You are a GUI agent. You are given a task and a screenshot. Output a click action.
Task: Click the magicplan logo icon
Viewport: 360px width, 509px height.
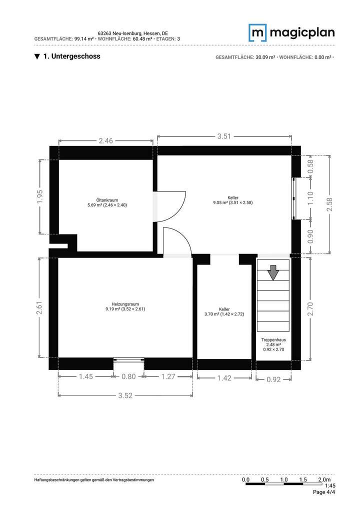click(x=258, y=33)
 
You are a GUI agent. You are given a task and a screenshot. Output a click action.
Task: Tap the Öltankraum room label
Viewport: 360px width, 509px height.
click(x=107, y=202)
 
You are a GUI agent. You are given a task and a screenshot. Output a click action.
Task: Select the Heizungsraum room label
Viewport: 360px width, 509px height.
click(x=125, y=306)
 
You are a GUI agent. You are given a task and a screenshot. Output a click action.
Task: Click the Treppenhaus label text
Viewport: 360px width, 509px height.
click(x=273, y=340)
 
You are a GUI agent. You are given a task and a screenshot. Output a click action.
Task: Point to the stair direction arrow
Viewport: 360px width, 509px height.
click(x=273, y=272)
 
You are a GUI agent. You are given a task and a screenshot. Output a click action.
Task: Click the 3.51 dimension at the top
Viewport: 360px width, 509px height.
click(x=224, y=136)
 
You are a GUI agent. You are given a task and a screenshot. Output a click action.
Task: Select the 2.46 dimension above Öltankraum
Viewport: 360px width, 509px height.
click(x=105, y=141)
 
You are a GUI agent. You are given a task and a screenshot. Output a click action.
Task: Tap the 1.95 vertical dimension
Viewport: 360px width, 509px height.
click(x=40, y=196)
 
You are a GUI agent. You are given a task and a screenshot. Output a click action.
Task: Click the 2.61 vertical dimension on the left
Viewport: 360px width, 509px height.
click(x=40, y=307)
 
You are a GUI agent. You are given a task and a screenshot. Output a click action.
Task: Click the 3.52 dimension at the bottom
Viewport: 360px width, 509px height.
click(x=125, y=395)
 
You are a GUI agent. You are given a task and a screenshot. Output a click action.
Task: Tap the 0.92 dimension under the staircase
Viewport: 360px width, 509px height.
click(x=273, y=379)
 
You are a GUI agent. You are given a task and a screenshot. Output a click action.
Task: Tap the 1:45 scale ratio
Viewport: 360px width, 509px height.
click(x=330, y=485)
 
